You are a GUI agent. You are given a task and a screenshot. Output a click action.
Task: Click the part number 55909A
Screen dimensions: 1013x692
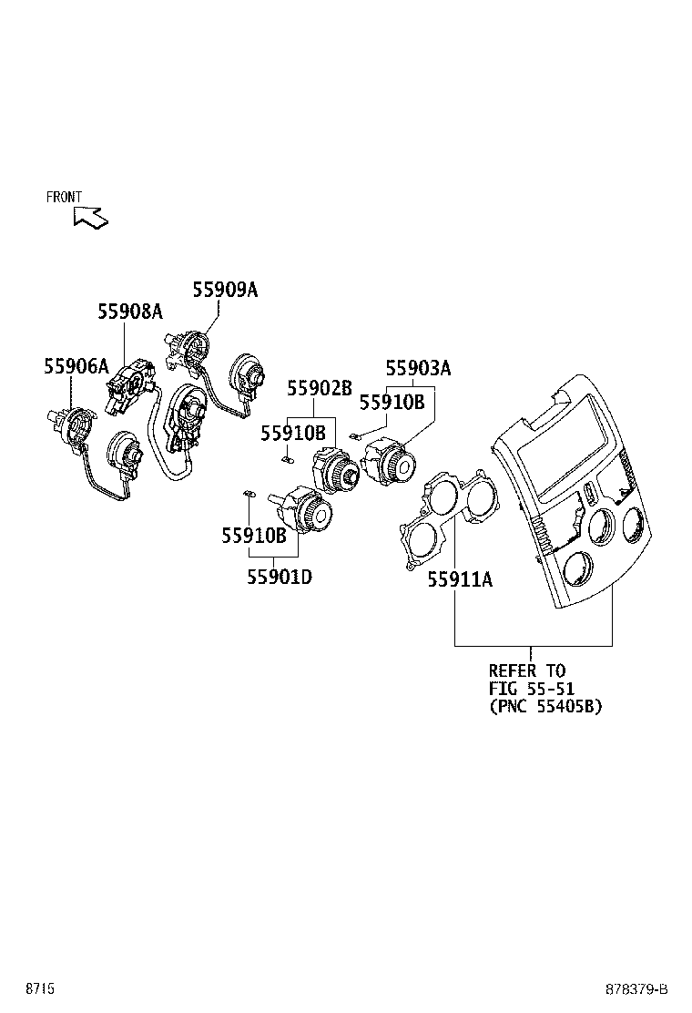pos(224,290)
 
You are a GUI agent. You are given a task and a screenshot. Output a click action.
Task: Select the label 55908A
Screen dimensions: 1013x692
pos(130,312)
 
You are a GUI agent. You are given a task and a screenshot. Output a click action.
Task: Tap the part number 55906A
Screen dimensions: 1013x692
pos(76,366)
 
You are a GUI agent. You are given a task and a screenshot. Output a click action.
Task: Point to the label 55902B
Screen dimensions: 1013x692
pos(320,388)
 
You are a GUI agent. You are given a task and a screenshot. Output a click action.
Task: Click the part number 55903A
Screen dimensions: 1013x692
pos(418,368)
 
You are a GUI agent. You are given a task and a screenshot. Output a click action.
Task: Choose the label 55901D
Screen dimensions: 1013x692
pos(280,576)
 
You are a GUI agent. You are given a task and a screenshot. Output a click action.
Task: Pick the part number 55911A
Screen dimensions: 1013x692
pos(460,578)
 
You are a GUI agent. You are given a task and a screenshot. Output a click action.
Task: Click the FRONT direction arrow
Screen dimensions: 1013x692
pos(91,217)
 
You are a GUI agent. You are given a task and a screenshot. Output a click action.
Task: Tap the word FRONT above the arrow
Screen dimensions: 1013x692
pos(64,197)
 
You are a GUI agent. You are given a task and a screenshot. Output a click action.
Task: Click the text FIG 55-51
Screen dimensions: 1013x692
pos(531,689)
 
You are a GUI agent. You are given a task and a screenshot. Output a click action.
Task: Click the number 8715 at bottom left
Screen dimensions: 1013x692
pos(39,989)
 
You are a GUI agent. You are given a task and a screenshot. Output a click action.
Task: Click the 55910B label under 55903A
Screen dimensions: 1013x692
pos(392,401)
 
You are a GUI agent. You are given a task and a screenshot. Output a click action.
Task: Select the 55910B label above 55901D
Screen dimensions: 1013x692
pos(253,537)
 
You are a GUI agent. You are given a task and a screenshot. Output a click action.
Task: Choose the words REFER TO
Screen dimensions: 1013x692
pos(527,671)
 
